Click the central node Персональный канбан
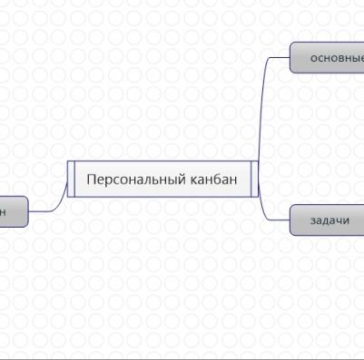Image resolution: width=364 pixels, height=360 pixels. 162,179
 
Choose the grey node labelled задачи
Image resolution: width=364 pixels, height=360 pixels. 329,220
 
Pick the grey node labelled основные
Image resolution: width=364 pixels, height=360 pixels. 331,58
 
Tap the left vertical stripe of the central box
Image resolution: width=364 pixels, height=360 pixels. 71,179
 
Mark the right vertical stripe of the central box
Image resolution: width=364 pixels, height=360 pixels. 255,179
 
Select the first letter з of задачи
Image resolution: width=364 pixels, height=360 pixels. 313,220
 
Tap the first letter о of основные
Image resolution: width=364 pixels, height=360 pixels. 314,58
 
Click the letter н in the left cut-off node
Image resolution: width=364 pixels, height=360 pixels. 3,210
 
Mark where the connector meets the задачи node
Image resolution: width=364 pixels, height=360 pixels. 290,219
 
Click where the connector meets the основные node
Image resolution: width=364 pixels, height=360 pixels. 290,56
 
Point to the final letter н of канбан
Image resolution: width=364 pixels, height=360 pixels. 233,180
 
